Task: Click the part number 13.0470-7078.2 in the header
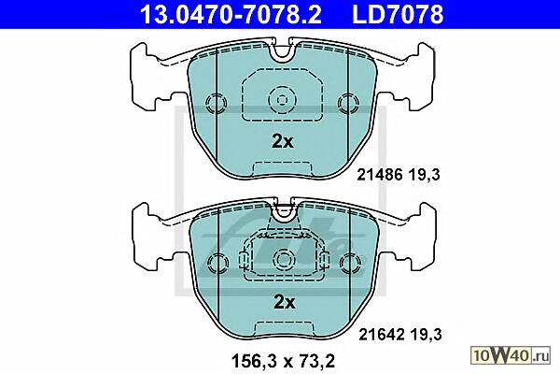pos(231,15)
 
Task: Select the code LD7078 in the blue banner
pos(398,15)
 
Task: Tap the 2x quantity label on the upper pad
pos(282,142)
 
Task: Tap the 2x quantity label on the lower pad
pos(284,302)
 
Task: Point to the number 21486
pos(380,175)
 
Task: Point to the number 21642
pos(382,335)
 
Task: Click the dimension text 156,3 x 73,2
pos(283,361)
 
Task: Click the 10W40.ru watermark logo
pos(511,355)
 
